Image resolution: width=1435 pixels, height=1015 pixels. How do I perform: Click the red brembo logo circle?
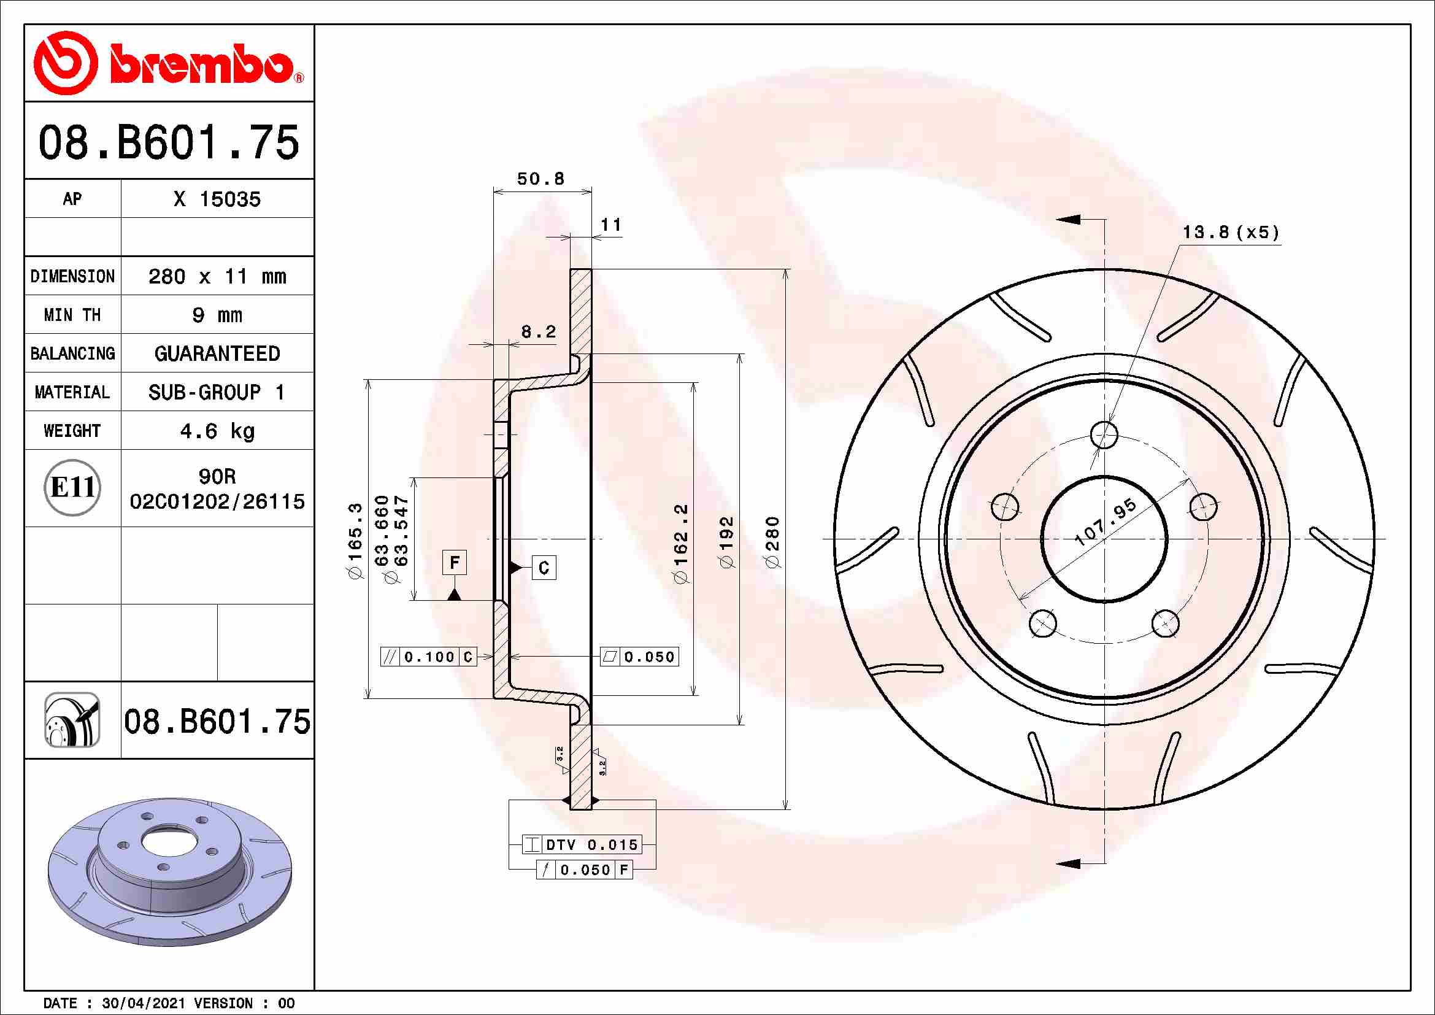click(65, 63)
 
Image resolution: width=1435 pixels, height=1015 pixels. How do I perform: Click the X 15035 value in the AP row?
click(217, 199)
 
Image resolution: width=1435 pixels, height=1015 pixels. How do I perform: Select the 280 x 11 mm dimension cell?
click(217, 276)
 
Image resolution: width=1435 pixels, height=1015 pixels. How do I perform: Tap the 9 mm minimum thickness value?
click(217, 315)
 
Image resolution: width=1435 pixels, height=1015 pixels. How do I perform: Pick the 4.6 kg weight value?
click(217, 431)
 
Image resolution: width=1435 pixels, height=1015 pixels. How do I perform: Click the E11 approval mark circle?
click(72, 487)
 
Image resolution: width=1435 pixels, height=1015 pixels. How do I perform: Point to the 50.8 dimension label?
click(541, 179)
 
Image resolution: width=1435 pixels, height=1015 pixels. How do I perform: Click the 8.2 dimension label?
click(538, 332)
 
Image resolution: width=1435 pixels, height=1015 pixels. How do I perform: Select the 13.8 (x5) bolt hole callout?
click(1230, 233)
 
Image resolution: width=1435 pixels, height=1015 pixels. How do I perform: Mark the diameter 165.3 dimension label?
click(355, 540)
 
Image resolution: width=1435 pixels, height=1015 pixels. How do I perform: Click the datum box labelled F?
click(455, 563)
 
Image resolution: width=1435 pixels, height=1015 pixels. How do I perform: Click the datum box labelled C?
click(544, 568)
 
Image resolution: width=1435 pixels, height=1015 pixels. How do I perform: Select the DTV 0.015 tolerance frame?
click(582, 845)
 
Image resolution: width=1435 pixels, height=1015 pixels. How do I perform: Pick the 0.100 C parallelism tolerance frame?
click(429, 657)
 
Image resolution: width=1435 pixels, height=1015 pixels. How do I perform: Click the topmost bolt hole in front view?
click(1104, 434)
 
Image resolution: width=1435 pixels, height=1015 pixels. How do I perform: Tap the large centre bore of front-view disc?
click(1104, 539)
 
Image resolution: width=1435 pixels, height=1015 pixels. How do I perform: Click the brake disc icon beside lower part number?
click(72, 720)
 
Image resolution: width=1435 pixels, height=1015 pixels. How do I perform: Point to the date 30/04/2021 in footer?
click(143, 1003)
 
